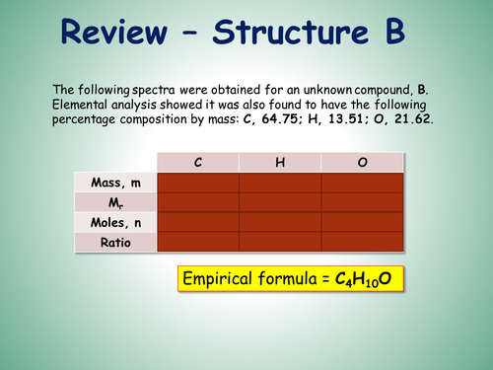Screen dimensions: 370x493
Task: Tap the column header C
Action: tap(198, 162)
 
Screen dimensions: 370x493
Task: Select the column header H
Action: tap(280, 162)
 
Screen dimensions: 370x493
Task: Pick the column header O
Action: tap(362, 162)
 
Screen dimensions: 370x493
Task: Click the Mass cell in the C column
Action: tap(198, 182)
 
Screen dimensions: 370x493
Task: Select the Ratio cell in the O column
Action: tap(362, 242)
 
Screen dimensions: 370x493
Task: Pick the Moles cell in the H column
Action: tap(280, 222)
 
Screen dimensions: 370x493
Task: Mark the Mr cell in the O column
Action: tap(362, 202)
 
